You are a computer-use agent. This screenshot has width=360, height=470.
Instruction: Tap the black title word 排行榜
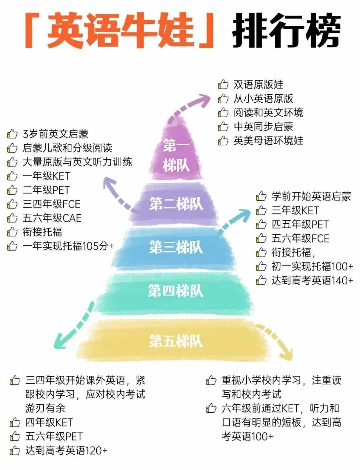286,31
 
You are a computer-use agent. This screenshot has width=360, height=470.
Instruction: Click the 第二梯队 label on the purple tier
176,204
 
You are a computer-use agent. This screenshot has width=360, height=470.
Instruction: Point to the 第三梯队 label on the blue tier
176,247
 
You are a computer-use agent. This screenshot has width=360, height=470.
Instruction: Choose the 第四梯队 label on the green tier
176,291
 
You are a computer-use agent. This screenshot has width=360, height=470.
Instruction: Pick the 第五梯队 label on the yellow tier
176,341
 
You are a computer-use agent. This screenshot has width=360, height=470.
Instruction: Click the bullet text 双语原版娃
258,85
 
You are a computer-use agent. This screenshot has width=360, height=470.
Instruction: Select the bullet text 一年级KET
46,176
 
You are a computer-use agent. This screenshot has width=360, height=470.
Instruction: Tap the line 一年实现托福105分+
68,246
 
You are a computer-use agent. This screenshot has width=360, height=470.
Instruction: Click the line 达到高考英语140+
312,280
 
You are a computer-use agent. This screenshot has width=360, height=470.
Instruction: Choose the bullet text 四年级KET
49,422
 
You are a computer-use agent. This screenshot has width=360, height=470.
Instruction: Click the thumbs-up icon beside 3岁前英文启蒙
12,134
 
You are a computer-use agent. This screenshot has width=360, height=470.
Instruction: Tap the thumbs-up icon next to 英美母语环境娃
223,141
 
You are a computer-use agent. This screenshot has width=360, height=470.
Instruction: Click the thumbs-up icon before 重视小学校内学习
211,380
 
